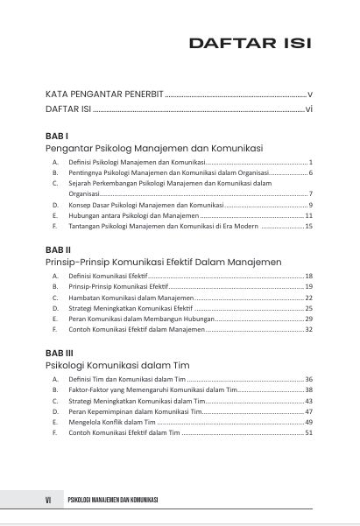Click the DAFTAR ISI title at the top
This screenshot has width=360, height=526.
pyautogui.click(x=251, y=43)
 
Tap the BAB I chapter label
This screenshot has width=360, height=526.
pyautogui.click(x=57, y=137)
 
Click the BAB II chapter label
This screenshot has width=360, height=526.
pyautogui.click(x=59, y=249)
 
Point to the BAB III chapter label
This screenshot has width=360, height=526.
pyautogui.click(x=60, y=352)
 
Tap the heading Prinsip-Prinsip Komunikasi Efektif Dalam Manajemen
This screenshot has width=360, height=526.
pyautogui.click(x=163, y=262)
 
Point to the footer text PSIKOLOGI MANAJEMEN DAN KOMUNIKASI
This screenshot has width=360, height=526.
pyautogui.click(x=112, y=500)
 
